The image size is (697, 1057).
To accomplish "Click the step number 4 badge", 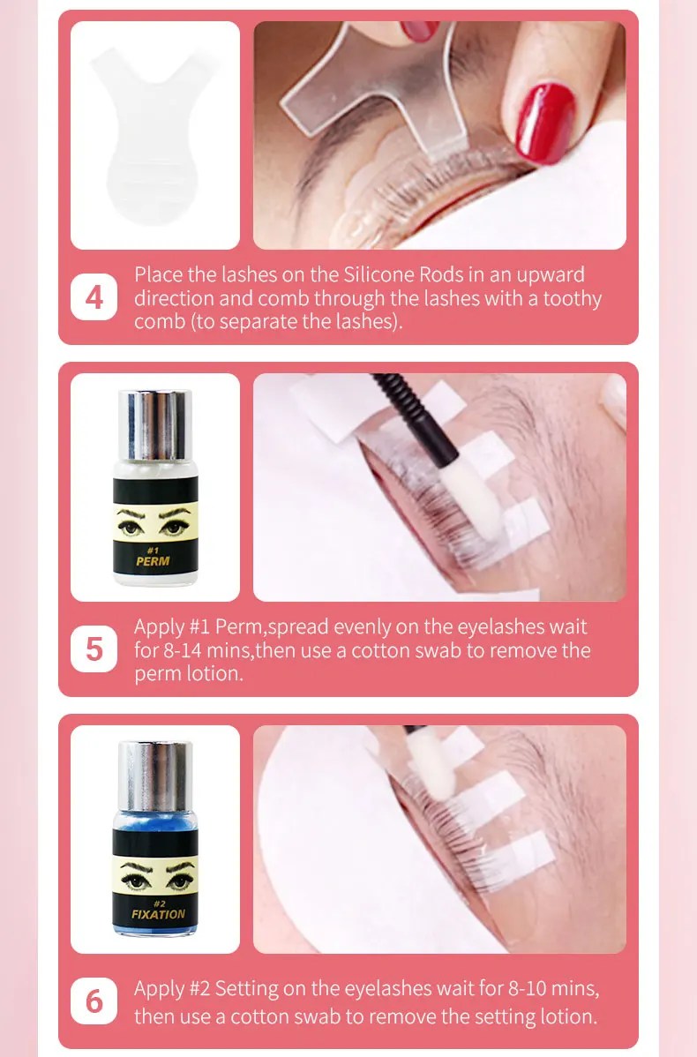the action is click(94, 297).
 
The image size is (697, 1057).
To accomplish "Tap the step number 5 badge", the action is click(94, 649).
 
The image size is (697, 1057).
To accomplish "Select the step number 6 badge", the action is click(94, 1001).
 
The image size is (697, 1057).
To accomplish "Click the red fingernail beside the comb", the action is click(544, 123).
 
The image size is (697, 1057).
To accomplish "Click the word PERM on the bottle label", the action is click(153, 561).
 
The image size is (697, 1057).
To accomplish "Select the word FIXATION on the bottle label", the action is click(158, 914).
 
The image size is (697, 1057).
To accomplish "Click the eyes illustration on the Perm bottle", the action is click(155, 521).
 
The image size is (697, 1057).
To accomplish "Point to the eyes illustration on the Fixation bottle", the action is click(155, 875).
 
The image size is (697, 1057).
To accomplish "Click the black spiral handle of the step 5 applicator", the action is click(411, 411).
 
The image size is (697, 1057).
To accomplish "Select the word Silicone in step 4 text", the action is click(379, 274).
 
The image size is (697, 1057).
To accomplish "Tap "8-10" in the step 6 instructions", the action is click(527, 988).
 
